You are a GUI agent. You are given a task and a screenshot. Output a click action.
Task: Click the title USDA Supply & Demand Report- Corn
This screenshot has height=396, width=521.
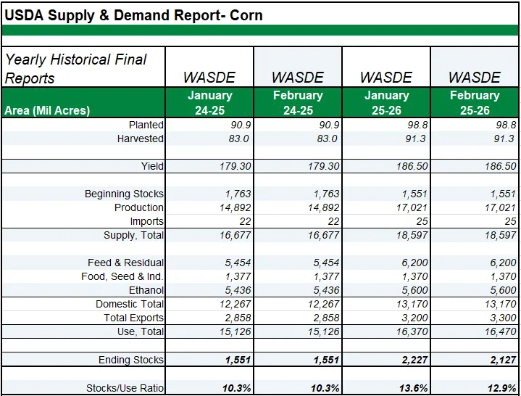[x=134, y=15]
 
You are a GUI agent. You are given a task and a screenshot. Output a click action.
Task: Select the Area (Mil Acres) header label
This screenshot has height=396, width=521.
[x=47, y=110]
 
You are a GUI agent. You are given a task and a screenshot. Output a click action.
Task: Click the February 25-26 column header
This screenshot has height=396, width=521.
[x=475, y=103]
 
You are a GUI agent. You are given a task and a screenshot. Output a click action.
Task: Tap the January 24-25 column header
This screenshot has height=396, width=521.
[x=209, y=103]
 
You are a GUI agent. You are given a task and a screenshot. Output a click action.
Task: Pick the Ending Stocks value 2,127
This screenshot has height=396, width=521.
[x=500, y=360]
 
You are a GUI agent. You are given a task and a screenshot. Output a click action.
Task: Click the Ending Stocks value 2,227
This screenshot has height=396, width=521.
[x=412, y=360]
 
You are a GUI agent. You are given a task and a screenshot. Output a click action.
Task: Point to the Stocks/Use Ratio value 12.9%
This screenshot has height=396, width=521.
[x=500, y=388]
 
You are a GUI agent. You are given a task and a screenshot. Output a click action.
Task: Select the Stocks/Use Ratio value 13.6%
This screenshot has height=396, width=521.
[x=412, y=388]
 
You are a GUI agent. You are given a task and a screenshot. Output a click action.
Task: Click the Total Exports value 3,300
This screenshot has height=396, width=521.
[x=501, y=318]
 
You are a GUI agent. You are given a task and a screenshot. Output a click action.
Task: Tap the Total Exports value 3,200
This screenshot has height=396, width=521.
[x=412, y=318]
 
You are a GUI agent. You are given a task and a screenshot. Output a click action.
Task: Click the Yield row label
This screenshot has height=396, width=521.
[x=152, y=167]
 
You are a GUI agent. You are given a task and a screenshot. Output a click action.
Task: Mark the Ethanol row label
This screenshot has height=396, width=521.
[x=146, y=291]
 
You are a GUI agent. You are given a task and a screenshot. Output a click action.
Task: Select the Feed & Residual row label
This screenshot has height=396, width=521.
[x=125, y=263]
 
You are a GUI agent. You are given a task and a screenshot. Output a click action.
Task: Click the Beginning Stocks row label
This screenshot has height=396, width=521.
[x=124, y=194]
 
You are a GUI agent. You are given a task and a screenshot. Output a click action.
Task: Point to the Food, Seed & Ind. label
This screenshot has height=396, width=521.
[x=122, y=277]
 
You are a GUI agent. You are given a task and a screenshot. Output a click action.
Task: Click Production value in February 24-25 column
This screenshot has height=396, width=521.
[x=321, y=208]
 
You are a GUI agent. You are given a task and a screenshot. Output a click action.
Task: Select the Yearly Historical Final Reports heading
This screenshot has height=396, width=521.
[x=76, y=68]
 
